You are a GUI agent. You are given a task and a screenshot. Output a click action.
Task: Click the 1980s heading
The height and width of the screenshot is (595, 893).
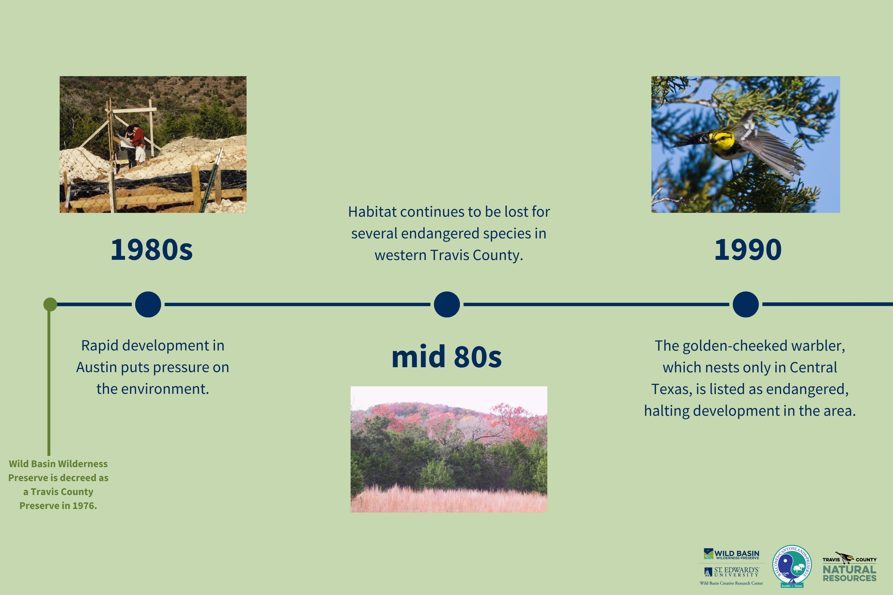(x=151, y=250)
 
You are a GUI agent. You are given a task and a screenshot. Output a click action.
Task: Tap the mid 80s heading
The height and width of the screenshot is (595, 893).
(x=446, y=357)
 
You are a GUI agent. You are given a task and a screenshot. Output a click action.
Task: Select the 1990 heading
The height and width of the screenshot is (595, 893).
(x=748, y=250)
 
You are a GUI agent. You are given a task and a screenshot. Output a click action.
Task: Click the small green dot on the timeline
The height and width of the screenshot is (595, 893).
(x=50, y=304)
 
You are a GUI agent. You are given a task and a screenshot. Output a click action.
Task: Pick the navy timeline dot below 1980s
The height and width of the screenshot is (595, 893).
(x=148, y=304)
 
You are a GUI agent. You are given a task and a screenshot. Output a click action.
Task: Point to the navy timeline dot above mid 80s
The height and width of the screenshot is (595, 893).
(x=447, y=304)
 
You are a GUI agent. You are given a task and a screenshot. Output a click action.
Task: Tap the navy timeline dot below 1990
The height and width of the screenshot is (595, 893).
(x=746, y=304)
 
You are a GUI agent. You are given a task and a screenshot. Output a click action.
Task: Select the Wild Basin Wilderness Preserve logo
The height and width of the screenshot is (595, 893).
(x=731, y=554)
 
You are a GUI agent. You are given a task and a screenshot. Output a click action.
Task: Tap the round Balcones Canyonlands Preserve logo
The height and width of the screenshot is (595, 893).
(x=792, y=566)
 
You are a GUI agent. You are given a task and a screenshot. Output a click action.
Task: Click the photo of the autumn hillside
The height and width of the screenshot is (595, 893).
(x=449, y=449)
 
